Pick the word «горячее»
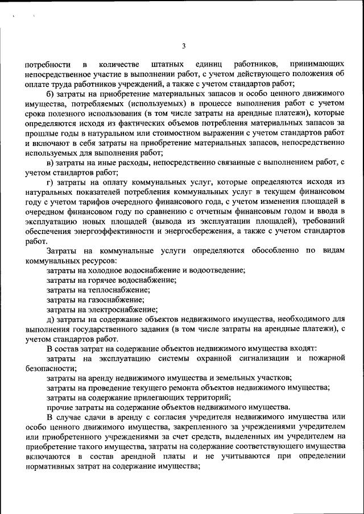[x=106, y=280]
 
